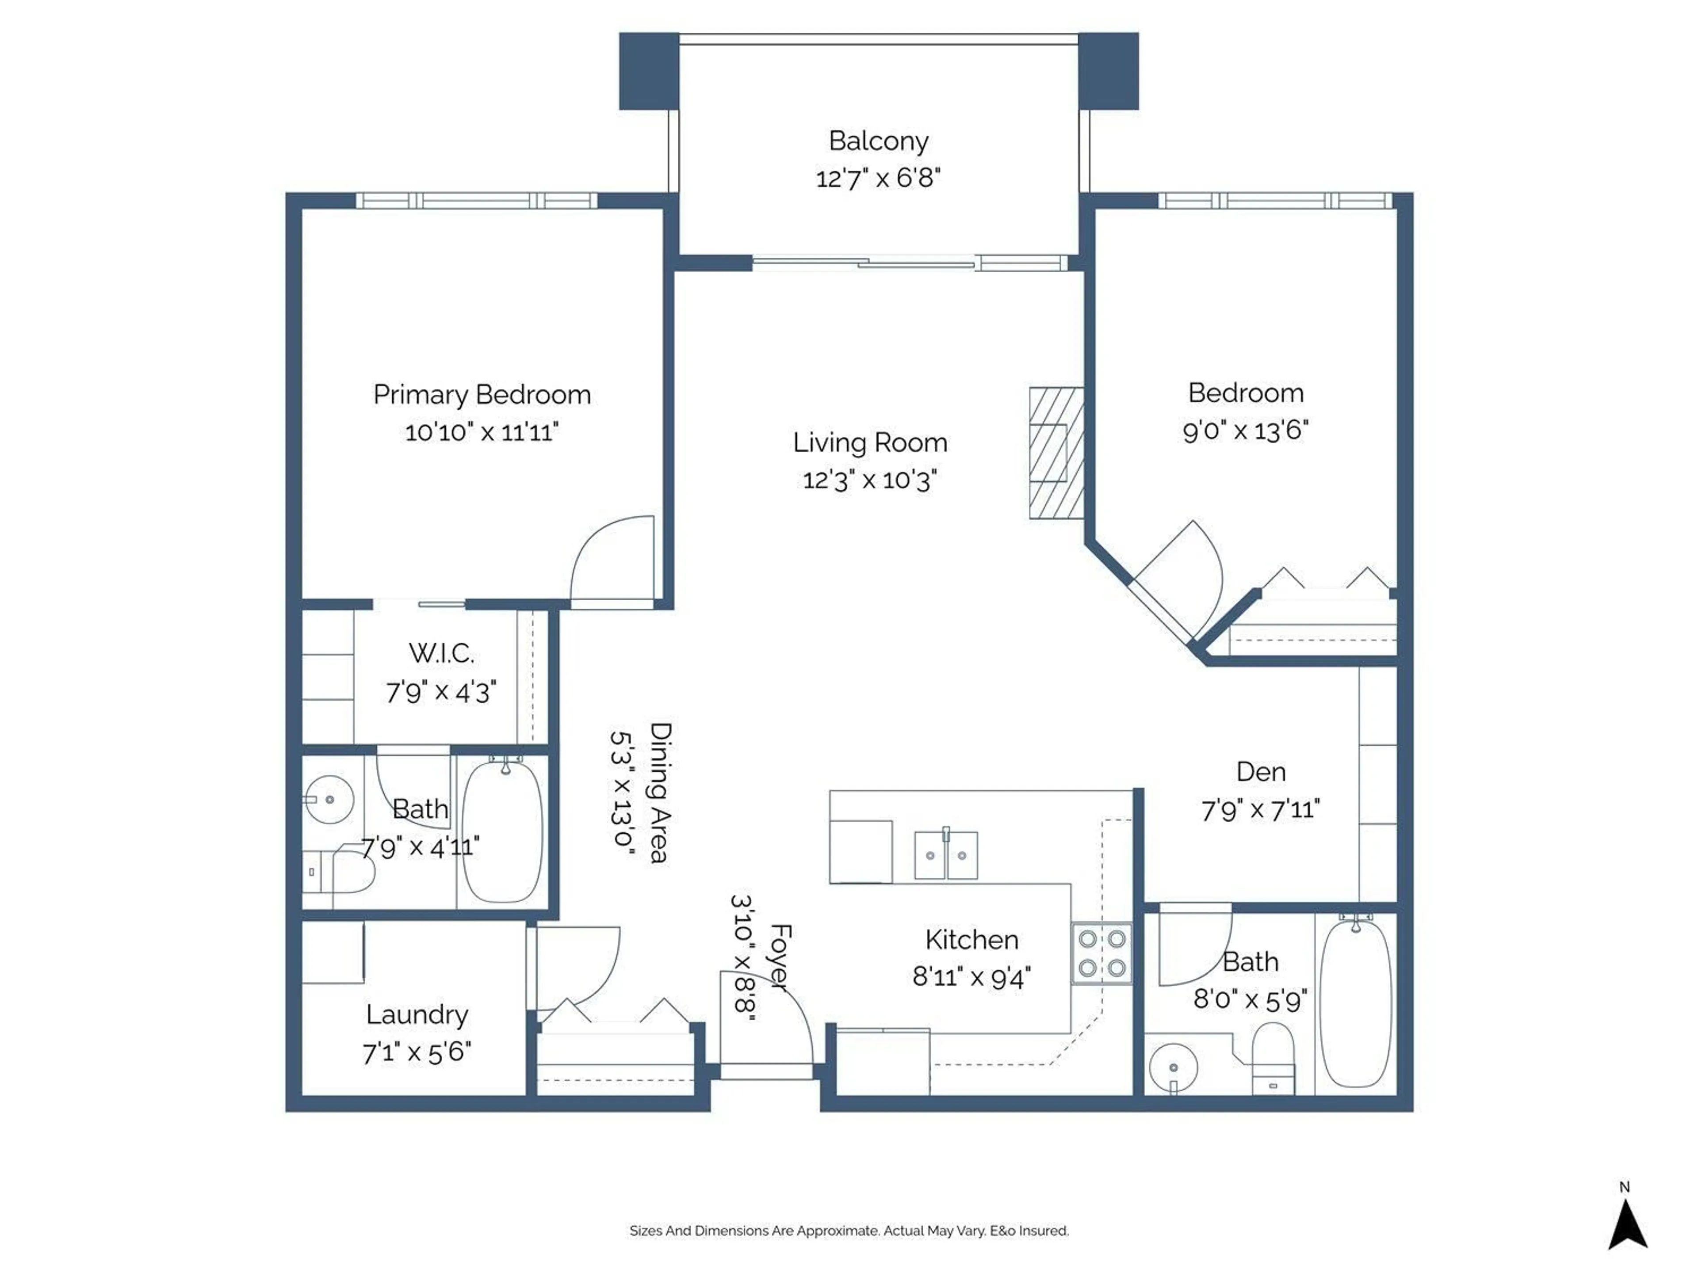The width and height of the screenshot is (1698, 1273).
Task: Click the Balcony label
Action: (x=878, y=141)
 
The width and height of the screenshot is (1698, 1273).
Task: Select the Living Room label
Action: (x=870, y=443)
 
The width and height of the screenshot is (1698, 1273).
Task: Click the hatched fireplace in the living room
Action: (x=1056, y=453)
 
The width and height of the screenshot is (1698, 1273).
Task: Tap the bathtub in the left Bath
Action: (x=503, y=831)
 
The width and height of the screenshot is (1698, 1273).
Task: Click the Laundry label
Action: (x=417, y=1014)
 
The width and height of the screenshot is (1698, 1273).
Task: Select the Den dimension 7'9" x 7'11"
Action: (x=1260, y=809)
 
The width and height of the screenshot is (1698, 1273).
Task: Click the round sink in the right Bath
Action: (x=1173, y=1067)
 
